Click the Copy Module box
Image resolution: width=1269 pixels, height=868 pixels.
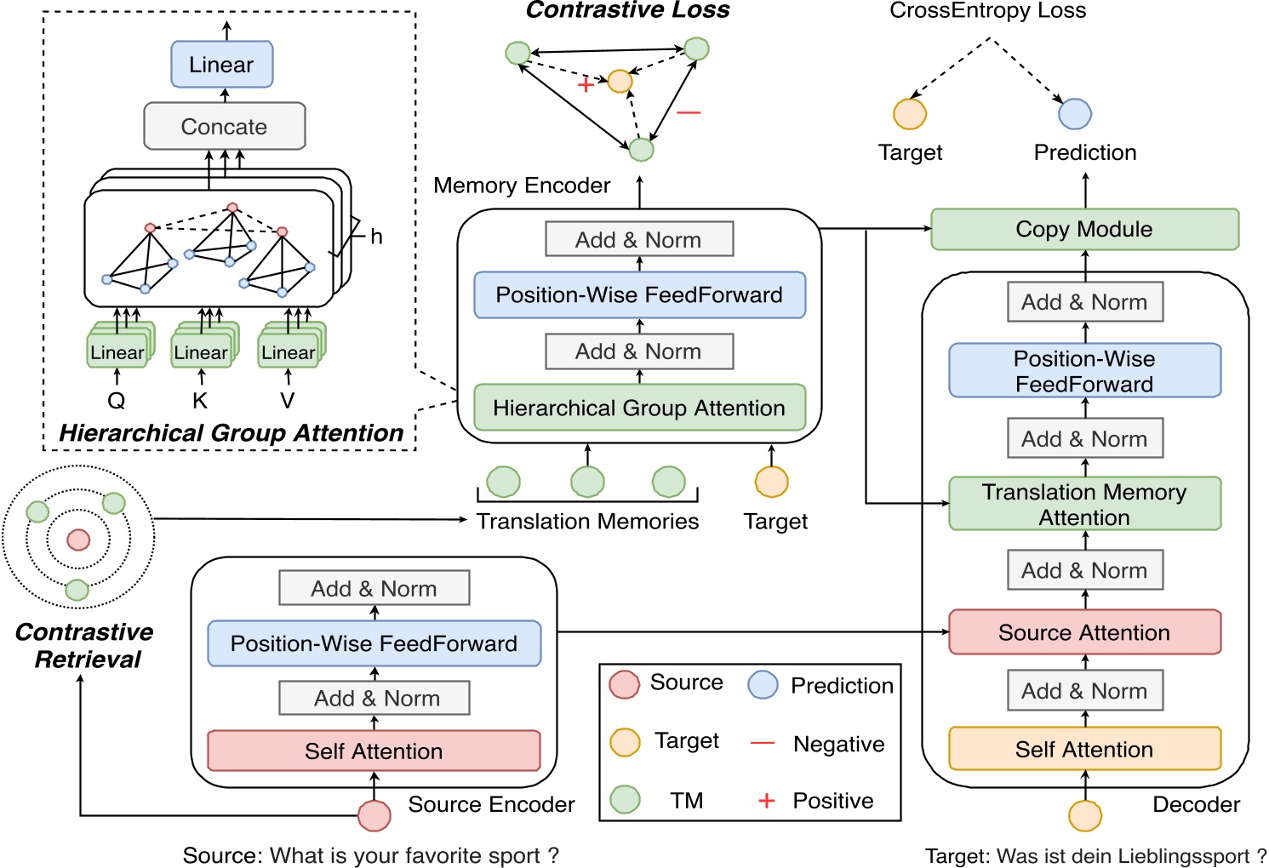coord(1084,230)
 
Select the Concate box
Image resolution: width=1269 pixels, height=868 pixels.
coord(224,127)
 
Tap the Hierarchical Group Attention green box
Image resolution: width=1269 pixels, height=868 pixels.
coord(638,408)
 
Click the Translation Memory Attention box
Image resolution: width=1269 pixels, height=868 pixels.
coord(1084,504)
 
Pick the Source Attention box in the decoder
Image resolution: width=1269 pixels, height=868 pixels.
coord(1084,632)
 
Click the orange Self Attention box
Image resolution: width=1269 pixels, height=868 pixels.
coord(1084,749)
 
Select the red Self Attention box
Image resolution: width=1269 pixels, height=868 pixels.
coord(374,751)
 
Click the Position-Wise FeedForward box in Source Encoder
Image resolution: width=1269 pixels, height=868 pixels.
coord(374,643)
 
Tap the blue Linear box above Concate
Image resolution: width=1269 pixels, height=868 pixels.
coord(221,65)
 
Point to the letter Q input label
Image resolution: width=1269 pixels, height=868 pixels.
coord(117,401)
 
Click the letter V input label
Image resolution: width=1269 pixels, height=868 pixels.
coord(288,401)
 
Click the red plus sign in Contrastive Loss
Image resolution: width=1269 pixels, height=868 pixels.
coord(586,85)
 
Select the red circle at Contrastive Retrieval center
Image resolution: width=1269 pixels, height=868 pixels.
coord(78,540)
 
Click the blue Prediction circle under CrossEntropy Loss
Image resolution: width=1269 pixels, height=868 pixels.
coord(1075,113)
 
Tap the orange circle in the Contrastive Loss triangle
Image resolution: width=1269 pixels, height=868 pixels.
coord(620,81)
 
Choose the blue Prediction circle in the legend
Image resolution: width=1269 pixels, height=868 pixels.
coord(763,685)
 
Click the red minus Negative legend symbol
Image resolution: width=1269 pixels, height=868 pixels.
coord(763,744)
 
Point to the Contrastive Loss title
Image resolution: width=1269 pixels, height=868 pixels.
coord(627,10)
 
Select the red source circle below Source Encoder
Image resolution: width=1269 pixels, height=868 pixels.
coord(374,815)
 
